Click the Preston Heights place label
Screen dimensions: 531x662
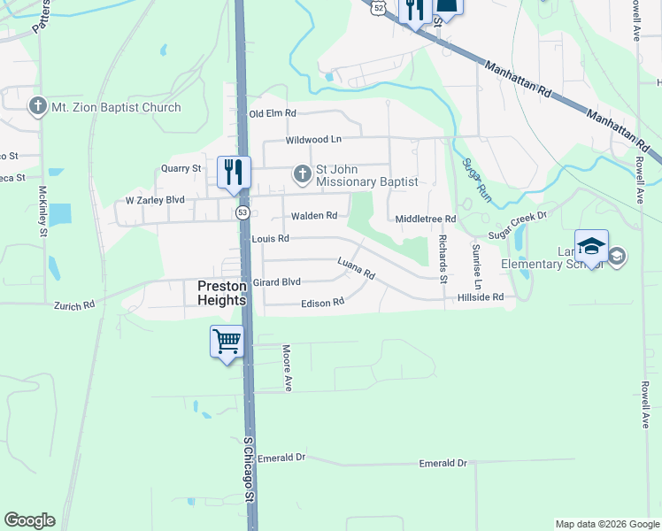(220, 292)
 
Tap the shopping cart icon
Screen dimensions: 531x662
(227, 340)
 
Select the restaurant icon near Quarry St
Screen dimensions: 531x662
(234, 171)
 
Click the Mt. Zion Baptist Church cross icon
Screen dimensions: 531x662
(37, 108)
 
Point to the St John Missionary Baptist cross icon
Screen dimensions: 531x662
(303, 173)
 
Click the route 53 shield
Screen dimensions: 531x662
(242, 212)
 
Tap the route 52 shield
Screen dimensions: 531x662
(379, 7)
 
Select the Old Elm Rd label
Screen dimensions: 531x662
(273, 113)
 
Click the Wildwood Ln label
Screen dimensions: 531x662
(313, 140)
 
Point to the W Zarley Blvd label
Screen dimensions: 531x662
(155, 200)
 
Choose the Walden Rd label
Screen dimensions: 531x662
(314, 215)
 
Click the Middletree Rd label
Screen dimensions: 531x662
(426, 219)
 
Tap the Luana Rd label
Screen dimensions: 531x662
(356, 268)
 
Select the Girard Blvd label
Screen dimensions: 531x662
(277, 281)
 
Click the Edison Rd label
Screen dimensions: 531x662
(322, 303)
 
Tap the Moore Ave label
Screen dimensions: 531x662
(287, 367)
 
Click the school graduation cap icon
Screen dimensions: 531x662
(590, 247)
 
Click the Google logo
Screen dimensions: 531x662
(29, 520)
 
